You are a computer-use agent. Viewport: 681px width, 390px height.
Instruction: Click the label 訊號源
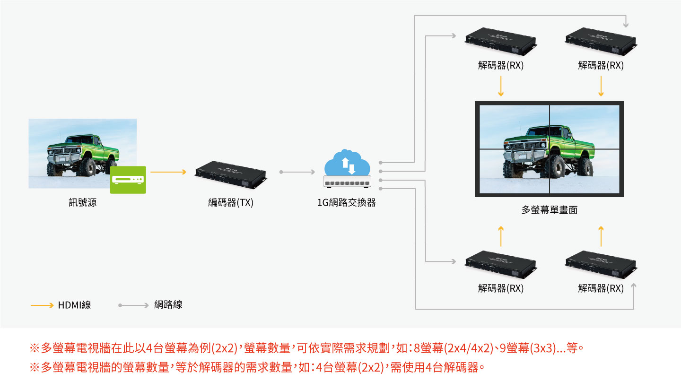point(82,203)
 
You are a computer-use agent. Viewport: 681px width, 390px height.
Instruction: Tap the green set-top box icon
point(128,179)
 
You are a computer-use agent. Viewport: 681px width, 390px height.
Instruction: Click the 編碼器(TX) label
point(231,203)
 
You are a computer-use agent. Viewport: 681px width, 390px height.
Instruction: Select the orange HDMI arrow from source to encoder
point(168,172)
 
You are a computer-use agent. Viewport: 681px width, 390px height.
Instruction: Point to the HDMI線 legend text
point(74,305)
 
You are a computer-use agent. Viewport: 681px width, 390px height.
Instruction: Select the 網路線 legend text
point(168,305)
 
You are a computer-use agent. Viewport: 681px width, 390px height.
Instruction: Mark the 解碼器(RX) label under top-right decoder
point(601,66)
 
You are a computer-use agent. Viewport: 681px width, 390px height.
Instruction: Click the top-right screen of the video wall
point(585,126)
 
